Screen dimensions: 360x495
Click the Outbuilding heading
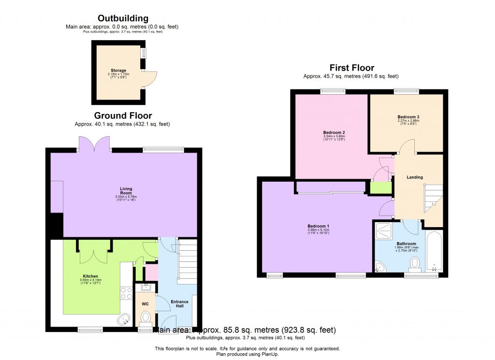pyautogui.click(x=123, y=19)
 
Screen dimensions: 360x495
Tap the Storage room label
pyautogui.click(x=118, y=71)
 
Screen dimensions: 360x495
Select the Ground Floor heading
pyautogui.click(x=123, y=116)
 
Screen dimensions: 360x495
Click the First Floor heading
pyautogui.click(x=351, y=68)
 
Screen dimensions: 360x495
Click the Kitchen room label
pyautogui.click(x=90, y=276)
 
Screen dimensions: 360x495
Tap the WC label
pyautogui.click(x=145, y=304)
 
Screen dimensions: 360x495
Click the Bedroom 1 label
pyautogui.click(x=318, y=226)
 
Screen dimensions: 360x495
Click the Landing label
pyautogui.click(x=414, y=177)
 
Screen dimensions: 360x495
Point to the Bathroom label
pyautogui.click(x=406, y=244)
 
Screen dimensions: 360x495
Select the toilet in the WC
pyautogui.click(x=145, y=317)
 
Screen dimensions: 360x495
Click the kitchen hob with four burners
pyautogui.click(x=126, y=293)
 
